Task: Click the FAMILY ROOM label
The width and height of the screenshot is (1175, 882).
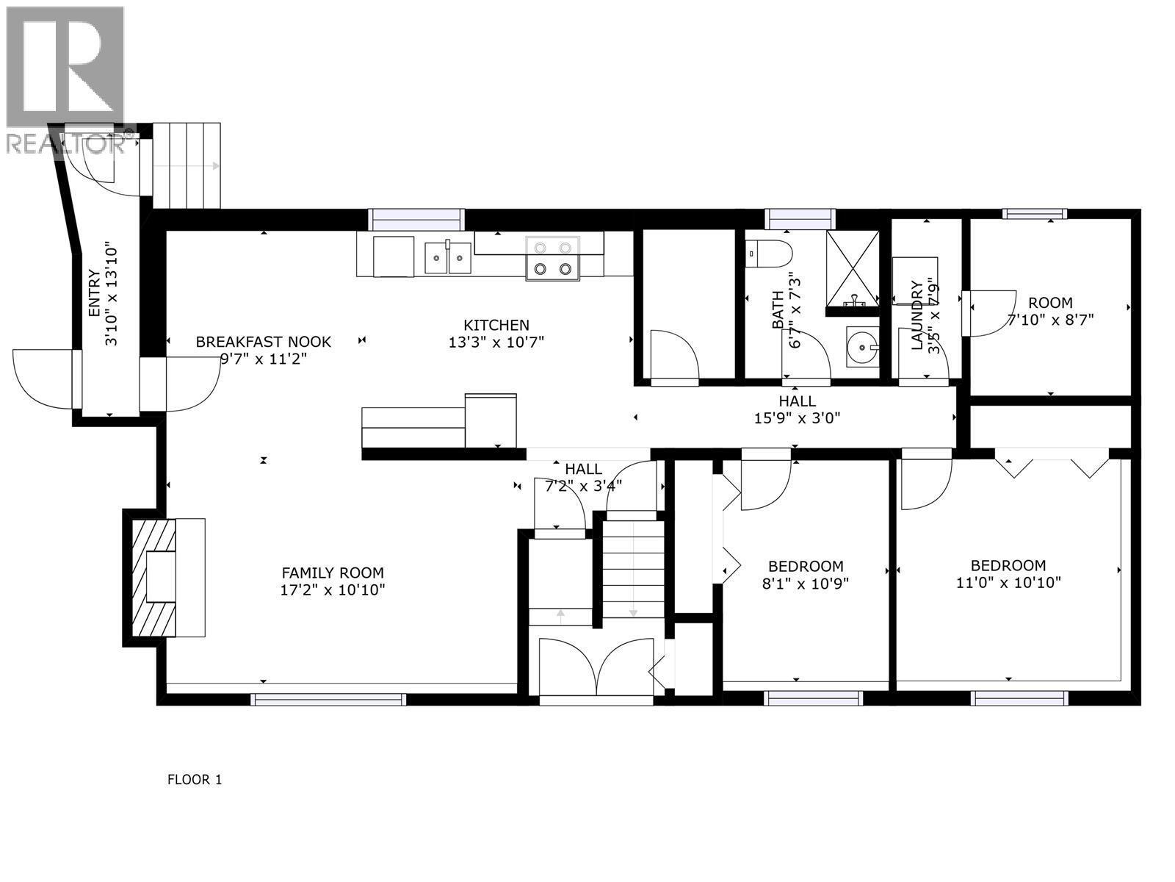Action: click(333, 573)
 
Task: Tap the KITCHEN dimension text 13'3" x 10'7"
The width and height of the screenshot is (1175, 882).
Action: click(496, 342)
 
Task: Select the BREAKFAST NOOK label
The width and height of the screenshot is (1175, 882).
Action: click(263, 342)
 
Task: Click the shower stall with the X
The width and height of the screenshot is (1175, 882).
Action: click(852, 268)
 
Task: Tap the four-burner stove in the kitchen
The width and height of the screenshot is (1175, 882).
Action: click(552, 259)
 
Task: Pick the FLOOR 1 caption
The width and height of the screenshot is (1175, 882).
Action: click(195, 780)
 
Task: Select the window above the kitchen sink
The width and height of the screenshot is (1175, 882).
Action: click(416, 219)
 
